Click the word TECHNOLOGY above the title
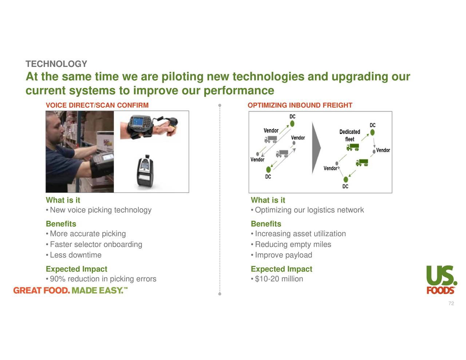coord(56,64)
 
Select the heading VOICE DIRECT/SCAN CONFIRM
coord(97,106)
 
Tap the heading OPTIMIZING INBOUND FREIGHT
coord(300,106)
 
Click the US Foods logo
coord(442,279)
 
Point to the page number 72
coord(451,304)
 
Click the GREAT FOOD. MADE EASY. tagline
coord(71,290)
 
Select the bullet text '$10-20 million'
coord(279,279)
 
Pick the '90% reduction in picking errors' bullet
coord(103,279)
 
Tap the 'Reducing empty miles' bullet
coord(293,245)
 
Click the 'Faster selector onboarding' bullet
coord(96,245)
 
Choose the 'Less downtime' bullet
coord(76,255)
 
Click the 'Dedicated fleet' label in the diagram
coord(349,135)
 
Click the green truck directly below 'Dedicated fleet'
coord(352,147)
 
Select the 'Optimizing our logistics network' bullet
coord(309,210)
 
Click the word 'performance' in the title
coord(238,90)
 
